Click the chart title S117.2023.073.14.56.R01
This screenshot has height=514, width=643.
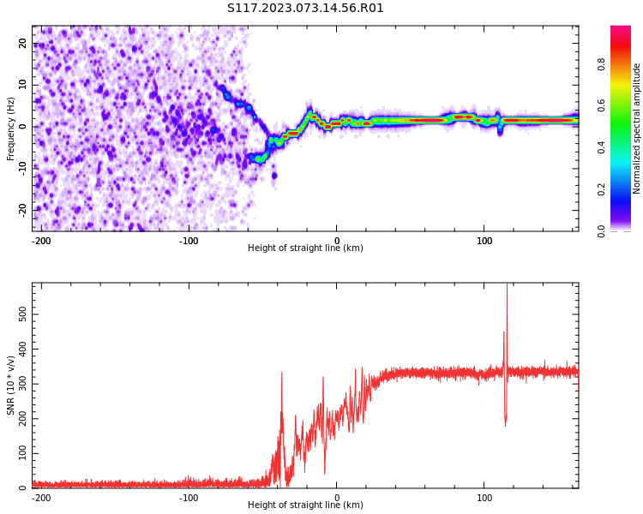[x=305, y=9]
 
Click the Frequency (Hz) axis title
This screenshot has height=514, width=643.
[x=11, y=128]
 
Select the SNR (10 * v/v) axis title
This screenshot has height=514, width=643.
[x=11, y=385]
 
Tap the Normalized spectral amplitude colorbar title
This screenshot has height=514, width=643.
[x=637, y=128]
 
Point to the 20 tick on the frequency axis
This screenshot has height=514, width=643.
[x=23, y=44]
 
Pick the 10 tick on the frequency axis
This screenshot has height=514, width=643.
[x=23, y=85]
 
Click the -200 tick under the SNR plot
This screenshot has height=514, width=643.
[x=40, y=497]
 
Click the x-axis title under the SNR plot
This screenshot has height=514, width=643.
[x=305, y=505]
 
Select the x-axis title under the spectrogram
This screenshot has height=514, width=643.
[x=305, y=248]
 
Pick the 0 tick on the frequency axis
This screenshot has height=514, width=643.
[x=26, y=126]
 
